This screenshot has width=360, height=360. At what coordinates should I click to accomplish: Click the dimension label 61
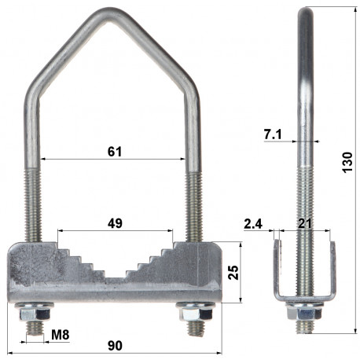(x=115, y=151)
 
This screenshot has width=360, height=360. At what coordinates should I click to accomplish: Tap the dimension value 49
(x=115, y=223)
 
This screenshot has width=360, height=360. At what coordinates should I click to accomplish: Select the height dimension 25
(x=232, y=272)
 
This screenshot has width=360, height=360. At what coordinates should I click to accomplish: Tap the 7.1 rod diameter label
(x=272, y=136)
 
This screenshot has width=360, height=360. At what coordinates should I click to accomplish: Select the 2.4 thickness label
(x=253, y=224)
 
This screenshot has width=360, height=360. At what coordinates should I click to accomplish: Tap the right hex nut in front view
(x=194, y=312)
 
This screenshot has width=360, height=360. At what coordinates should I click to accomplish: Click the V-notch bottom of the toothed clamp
(x=114, y=277)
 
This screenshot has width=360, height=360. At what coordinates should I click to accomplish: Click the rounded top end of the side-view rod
(x=303, y=9)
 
